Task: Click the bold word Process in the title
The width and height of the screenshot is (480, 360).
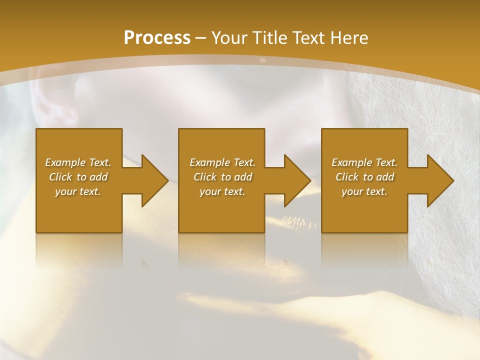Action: [x=157, y=38]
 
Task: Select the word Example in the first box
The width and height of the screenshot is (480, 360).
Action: [x=65, y=162]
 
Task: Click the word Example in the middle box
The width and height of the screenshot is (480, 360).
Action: [x=209, y=162]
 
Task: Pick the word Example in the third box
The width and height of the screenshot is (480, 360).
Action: [x=351, y=162]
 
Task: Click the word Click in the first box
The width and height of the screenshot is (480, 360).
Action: [x=60, y=177]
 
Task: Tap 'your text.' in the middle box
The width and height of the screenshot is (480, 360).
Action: [x=222, y=191]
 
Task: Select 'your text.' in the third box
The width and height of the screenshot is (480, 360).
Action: [x=364, y=191]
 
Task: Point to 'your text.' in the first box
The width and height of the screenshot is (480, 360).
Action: [x=77, y=191]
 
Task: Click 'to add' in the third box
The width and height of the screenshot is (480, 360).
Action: [x=378, y=177]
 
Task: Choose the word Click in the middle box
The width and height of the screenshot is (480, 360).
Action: [x=205, y=177]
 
